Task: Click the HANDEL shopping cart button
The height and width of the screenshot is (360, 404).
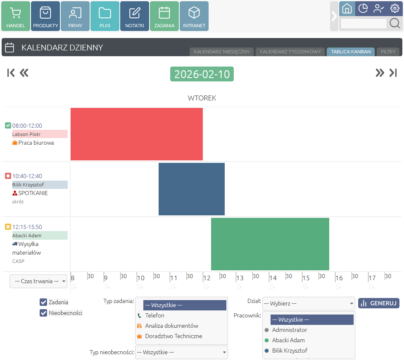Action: pos(16,16)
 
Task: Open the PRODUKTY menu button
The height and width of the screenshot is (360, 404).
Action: pos(45,16)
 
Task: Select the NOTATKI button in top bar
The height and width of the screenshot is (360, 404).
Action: pos(135,16)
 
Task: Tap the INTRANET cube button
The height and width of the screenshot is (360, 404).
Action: pos(194,16)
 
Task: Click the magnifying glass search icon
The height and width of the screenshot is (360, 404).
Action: pos(395,24)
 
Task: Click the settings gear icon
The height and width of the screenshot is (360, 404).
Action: pos(395,8)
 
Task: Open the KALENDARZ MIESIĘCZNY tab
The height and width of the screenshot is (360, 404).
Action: pos(222,52)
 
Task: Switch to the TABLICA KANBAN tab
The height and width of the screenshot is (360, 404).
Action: pos(351,52)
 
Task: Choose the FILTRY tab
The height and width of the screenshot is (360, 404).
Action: pos(388,52)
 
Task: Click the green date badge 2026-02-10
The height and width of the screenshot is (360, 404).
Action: pos(202,74)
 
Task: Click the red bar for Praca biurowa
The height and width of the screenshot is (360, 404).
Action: pos(137,134)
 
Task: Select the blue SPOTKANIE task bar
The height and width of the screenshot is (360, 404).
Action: pos(192,189)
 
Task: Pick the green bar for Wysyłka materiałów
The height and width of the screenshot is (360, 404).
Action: pos(270,244)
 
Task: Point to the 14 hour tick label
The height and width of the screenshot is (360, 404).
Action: pos(273,278)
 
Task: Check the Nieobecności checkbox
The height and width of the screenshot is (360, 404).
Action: pos(43,313)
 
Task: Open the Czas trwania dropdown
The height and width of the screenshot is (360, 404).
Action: pos(38,281)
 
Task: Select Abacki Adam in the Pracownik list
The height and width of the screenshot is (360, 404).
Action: pos(288,340)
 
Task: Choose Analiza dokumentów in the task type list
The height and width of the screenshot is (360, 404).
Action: pos(171,326)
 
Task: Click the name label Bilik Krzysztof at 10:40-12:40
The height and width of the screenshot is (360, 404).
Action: pos(40,185)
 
